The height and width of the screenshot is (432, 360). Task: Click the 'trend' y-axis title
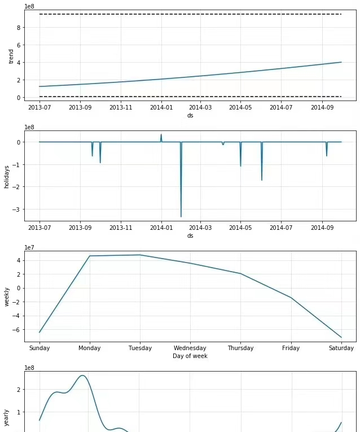coord(11,56)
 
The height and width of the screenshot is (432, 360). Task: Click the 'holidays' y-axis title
coord(7,175)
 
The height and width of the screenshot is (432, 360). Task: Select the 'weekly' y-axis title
coord(7,296)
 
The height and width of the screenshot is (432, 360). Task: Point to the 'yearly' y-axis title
coord(7,418)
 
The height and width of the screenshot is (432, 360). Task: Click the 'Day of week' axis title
coord(190,356)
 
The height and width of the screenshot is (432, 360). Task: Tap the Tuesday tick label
coord(140,348)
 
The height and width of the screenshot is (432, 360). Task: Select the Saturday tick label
coord(341,348)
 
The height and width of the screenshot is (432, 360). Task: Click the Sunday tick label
coord(39,348)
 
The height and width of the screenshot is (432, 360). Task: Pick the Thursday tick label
coord(240,348)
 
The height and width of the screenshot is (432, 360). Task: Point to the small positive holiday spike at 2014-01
coord(161,134)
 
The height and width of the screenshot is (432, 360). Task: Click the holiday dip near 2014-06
coord(262,180)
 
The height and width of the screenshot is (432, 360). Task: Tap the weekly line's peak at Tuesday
coord(140,255)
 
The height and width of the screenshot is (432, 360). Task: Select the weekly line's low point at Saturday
coord(341,337)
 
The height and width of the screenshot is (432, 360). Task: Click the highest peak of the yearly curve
coord(83,376)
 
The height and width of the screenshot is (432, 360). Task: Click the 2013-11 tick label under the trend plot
coord(120,107)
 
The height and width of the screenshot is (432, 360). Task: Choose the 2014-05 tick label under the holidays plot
coord(240,228)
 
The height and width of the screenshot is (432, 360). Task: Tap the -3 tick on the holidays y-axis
coord(18,210)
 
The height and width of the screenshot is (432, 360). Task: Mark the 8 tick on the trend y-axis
coord(19,27)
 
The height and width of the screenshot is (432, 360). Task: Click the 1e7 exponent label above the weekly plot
coord(31,247)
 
